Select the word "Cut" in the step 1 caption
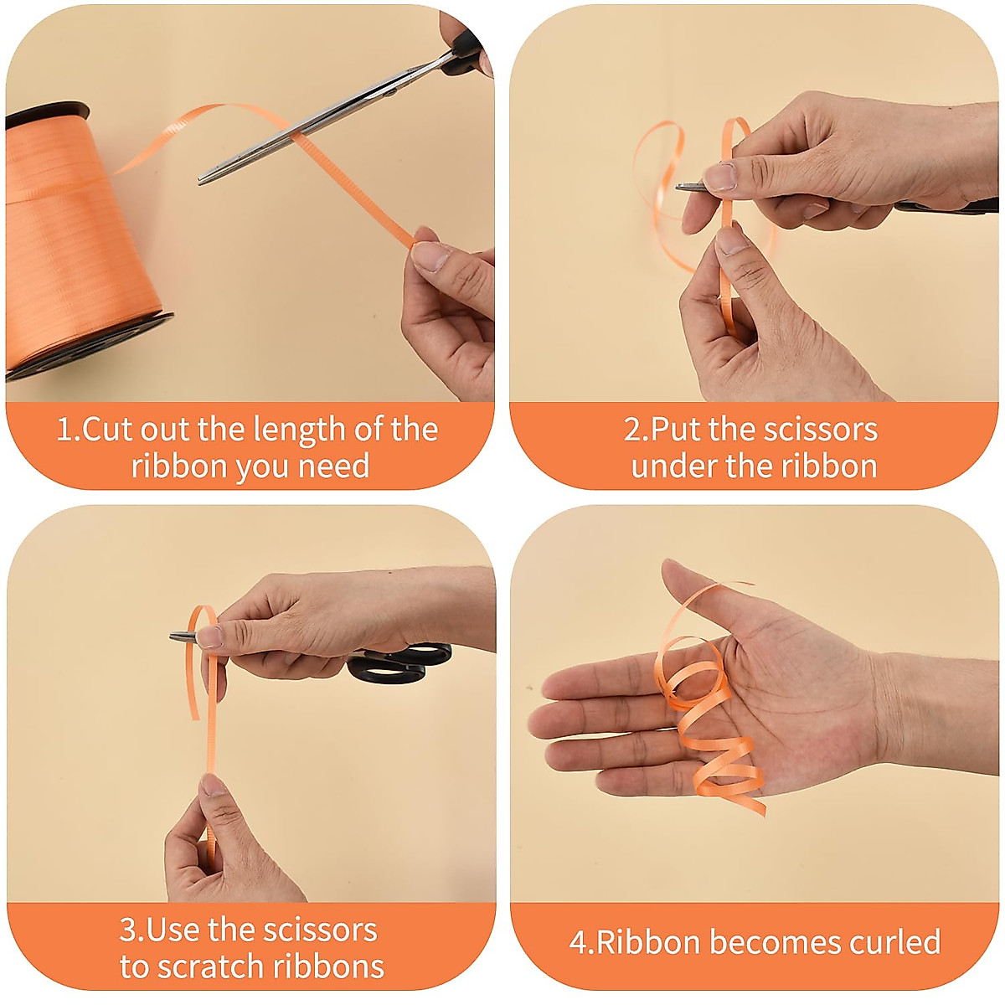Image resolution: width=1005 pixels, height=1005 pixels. tap(108, 430)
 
